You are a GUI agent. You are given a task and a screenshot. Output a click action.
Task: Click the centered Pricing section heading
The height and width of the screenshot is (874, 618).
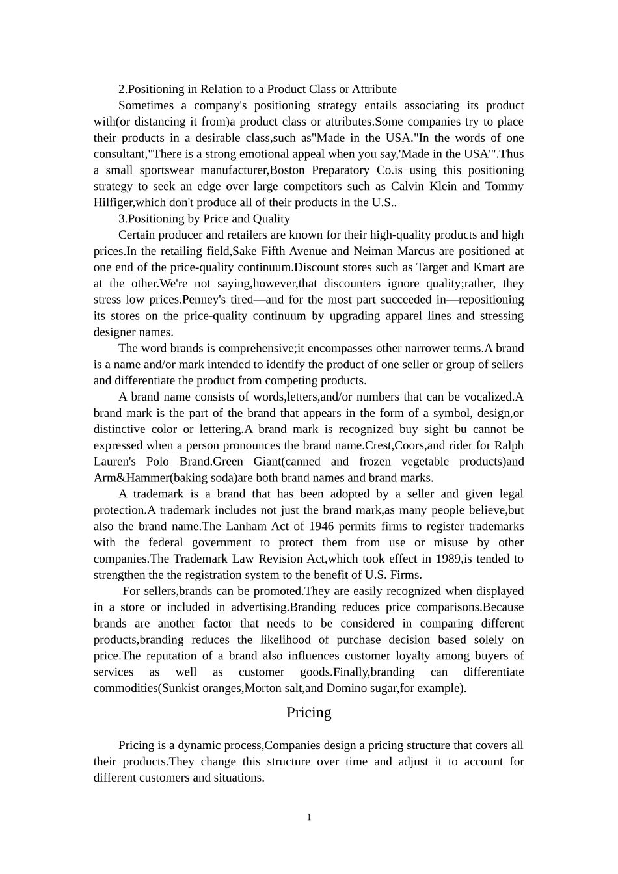click(309, 713)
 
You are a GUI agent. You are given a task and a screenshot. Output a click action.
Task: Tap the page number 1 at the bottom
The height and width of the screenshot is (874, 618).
click(309, 817)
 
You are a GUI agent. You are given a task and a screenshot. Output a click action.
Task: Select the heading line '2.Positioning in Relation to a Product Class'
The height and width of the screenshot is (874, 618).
click(257, 89)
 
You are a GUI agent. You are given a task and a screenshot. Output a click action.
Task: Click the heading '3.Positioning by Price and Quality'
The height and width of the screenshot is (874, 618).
click(204, 218)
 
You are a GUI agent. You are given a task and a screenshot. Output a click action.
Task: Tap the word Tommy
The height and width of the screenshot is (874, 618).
click(505, 187)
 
